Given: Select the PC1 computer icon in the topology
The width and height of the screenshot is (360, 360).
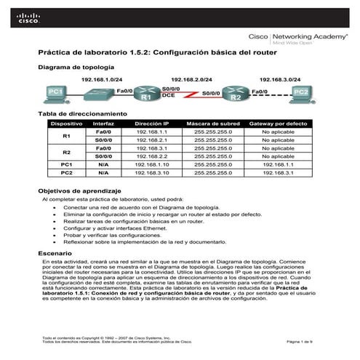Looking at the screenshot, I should [x=54, y=92].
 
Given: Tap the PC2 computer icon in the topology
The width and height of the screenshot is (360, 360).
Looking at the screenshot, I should [x=301, y=92].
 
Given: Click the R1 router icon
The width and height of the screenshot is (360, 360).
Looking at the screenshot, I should [x=147, y=94].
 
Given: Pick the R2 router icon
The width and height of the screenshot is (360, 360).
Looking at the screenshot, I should [x=235, y=94].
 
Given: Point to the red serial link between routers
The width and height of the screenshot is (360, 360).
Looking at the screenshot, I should [x=191, y=95].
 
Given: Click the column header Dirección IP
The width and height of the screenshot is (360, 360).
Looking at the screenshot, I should [x=152, y=124].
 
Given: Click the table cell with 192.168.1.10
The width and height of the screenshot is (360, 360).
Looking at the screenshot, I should [x=152, y=165].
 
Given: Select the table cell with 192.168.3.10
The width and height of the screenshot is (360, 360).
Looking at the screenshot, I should [x=152, y=173].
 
